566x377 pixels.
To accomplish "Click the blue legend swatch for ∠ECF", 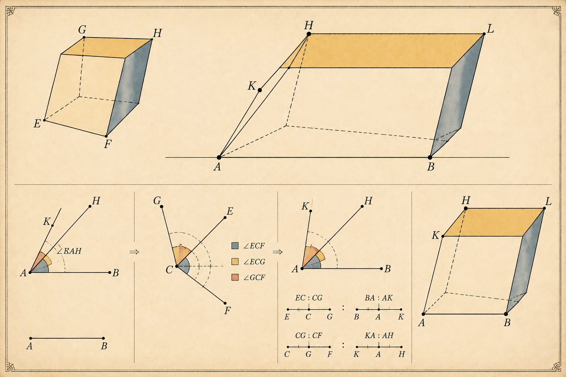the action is coord(235,246).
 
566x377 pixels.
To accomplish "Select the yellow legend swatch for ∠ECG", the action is coord(235,262).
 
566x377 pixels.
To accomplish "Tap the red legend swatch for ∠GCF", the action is coord(235,277).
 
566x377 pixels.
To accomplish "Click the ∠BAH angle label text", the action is coord(69,251).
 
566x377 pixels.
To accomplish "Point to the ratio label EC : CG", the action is coord(309,298).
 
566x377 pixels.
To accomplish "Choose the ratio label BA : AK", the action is coord(378,298).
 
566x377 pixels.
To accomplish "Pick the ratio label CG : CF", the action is coord(309,336).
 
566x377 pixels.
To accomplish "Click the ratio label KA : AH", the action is coord(379,336).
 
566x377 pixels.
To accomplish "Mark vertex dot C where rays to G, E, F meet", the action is coord(177,266).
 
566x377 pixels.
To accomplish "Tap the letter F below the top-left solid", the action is coord(108,144).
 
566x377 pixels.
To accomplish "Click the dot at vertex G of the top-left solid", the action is coord(84,38).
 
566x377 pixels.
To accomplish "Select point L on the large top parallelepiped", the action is coord(484,34).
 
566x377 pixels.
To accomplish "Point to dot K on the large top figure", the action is coord(260,90).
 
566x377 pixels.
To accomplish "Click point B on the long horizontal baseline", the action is coord(430,158).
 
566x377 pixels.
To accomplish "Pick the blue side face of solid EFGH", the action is coord(129,87).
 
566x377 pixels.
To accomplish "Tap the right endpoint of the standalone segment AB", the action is coord(103,338).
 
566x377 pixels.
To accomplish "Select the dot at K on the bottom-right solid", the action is coord(443,236).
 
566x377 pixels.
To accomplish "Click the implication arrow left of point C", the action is coord(134,252).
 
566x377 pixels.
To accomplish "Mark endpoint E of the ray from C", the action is coord(225,218).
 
